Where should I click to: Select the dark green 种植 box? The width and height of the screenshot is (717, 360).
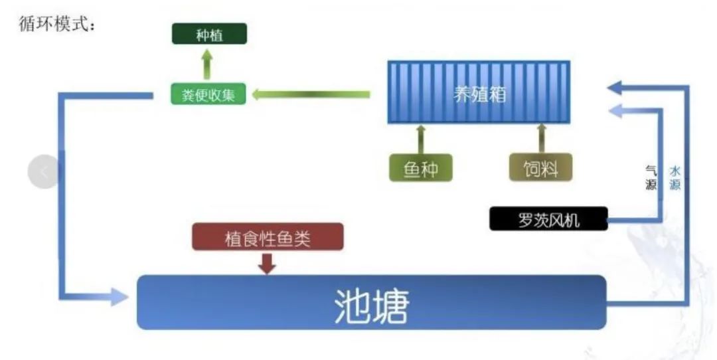pyautogui.click(x=209, y=34)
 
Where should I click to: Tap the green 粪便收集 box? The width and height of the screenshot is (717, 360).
pyautogui.click(x=203, y=94)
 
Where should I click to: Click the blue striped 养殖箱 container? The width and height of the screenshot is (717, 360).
pyautogui.click(x=479, y=92)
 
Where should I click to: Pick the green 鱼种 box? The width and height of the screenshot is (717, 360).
pyautogui.click(x=420, y=168)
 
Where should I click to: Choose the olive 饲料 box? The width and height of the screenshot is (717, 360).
pyautogui.click(x=540, y=168)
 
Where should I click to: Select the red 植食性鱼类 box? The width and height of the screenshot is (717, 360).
pyautogui.click(x=268, y=237)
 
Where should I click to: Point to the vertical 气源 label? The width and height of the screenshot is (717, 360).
pyautogui.click(x=651, y=178)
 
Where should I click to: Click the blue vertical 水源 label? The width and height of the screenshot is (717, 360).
pyautogui.click(x=675, y=178)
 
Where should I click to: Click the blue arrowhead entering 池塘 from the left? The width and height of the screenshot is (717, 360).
pyautogui.click(x=118, y=296)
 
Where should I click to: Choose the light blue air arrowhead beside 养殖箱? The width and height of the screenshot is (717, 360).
pyautogui.click(x=615, y=111)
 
